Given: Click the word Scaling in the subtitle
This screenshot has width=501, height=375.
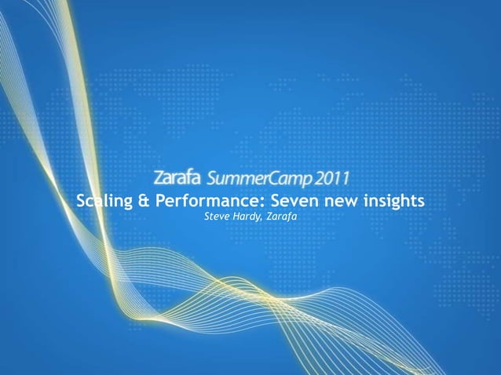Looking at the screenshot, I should [x=104, y=201].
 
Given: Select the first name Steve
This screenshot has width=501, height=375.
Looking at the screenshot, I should [x=216, y=216].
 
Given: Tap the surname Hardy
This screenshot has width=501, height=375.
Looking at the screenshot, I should [x=247, y=216].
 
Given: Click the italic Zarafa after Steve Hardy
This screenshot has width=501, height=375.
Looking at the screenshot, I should [x=282, y=216].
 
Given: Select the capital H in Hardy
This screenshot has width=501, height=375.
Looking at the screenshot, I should [x=237, y=216].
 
